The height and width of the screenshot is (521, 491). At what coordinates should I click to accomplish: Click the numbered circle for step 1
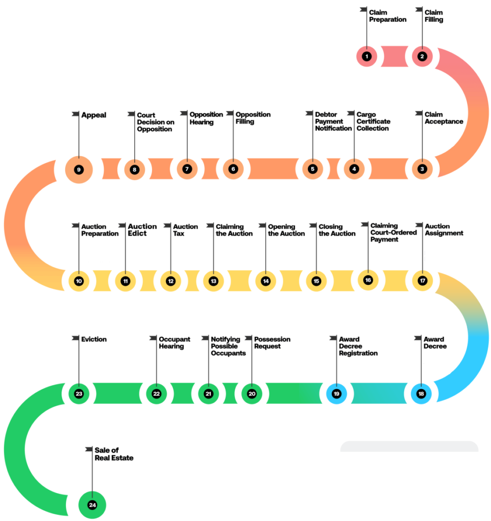[367, 56]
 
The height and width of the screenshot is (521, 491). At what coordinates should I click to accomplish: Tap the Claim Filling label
[434, 16]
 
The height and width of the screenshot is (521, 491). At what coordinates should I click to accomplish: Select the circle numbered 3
[422, 169]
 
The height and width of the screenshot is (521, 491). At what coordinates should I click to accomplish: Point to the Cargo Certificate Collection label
[373, 122]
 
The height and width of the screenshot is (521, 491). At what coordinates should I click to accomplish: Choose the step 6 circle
[233, 169]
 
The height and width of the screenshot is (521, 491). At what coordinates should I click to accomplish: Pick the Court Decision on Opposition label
[155, 122]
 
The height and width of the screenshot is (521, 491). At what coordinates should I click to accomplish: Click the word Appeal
[94, 115]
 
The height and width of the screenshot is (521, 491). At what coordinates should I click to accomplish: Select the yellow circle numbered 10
[79, 281]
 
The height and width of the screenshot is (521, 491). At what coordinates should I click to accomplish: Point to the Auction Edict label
[142, 230]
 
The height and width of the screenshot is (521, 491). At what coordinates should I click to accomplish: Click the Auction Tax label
[185, 230]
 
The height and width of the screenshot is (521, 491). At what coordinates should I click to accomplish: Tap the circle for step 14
[265, 281]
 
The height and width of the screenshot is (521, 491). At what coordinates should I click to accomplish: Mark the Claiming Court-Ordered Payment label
[393, 233]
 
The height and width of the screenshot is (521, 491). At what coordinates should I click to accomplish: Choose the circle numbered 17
[422, 280]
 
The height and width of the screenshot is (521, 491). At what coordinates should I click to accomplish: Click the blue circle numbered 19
[336, 394]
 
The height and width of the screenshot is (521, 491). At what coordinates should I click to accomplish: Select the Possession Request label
[272, 342]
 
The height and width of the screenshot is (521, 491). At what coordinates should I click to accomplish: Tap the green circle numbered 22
[157, 394]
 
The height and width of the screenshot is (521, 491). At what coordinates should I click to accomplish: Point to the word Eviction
[94, 339]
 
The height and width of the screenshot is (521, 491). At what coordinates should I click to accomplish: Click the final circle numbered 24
[92, 505]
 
